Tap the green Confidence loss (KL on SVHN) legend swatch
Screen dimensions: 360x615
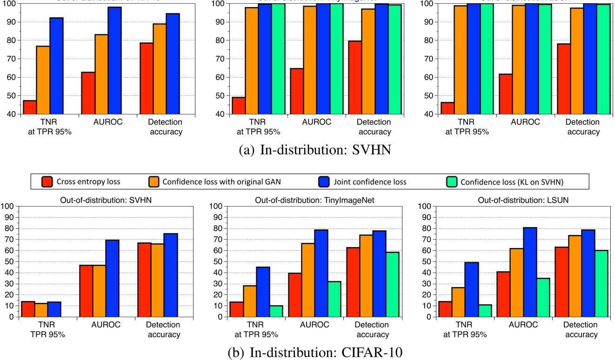pyautogui.click(x=450, y=181)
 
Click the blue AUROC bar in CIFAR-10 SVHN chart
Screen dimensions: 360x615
pyautogui.click(x=112, y=278)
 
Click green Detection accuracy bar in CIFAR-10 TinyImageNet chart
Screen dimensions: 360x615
pyautogui.click(x=392, y=284)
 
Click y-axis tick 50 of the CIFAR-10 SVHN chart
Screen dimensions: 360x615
pyautogui.click(x=8, y=261)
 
